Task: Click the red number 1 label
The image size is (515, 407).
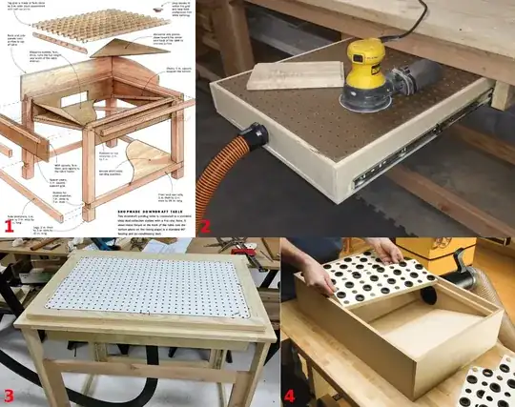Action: (x=10, y=226)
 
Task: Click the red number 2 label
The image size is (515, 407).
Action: (x=205, y=226)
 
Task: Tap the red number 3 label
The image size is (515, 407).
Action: (x=10, y=395)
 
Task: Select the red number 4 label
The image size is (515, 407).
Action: (x=290, y=395)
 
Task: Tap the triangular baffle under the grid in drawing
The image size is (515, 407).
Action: (x=124, y=53)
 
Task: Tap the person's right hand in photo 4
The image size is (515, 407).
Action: (x=385, y=250)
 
